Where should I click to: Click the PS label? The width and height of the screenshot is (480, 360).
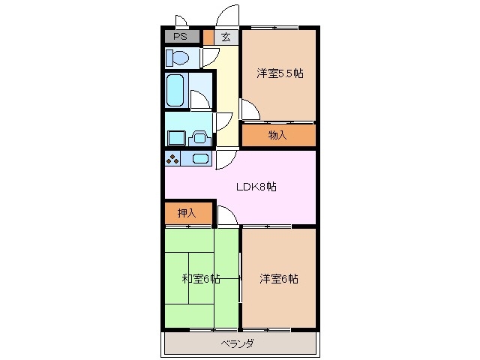click(180, 36)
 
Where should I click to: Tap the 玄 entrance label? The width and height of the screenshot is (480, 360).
click(226, 37)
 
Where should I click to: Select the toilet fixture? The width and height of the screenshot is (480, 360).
click(178, 58)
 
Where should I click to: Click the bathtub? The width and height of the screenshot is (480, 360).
click(177, 90)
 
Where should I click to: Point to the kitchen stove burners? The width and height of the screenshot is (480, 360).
click(173, 158)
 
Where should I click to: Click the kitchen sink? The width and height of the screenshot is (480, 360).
click(199, 158)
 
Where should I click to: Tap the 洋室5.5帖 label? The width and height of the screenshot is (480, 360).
click(280, 73)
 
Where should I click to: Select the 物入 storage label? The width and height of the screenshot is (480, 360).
click(277, 135)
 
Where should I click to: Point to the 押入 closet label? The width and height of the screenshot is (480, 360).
click(187, 213)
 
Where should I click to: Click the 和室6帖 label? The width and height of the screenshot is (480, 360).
click(200, 279)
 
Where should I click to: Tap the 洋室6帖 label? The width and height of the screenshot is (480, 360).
click(279, 279)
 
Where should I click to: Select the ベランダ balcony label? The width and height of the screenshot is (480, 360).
click(237, 343)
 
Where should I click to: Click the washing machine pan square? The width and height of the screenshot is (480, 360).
click(175, 137)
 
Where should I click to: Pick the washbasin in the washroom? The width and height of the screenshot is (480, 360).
click(200, 136)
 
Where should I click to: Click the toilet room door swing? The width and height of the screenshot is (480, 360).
click(209, 57)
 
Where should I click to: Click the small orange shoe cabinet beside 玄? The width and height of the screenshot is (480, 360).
click(208, 36)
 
